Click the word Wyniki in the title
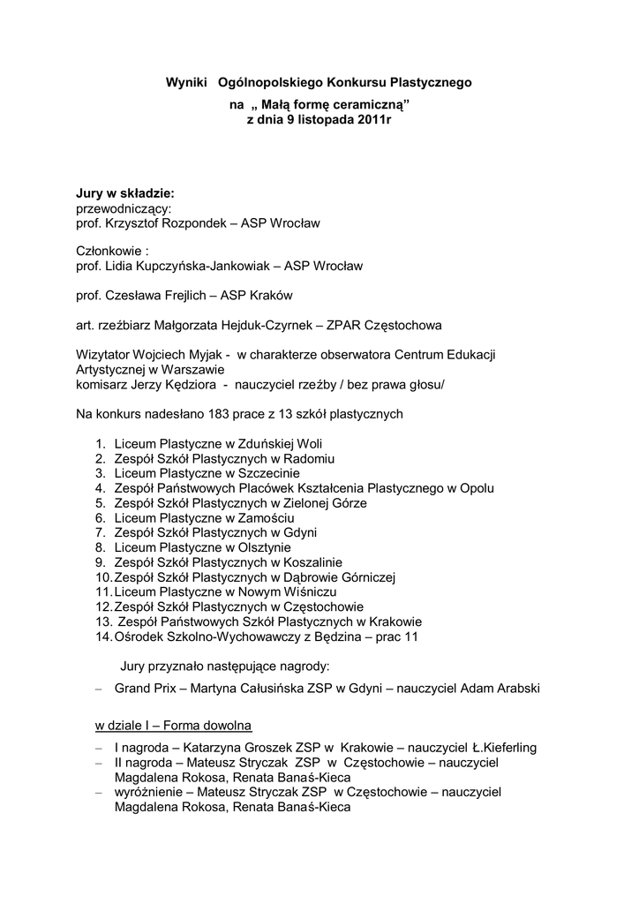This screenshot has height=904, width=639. (186, 82)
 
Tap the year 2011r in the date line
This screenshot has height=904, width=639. (372, 119)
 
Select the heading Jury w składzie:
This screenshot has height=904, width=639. (124, 193)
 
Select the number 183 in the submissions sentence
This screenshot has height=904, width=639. (218, 413)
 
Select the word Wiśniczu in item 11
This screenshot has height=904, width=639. (303, 591)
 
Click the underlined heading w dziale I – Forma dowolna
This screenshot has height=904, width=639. (174, 726)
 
